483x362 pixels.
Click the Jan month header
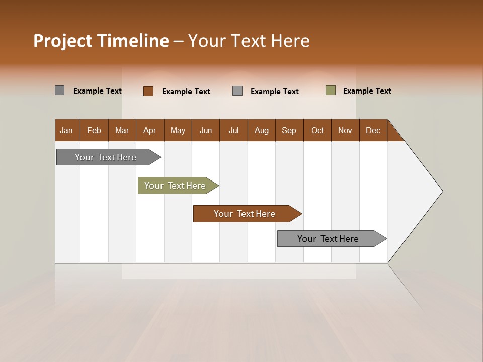point(66,130)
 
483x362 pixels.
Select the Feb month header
point(94,130)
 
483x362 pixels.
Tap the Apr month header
point(149,130)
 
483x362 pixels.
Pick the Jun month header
point(206,130)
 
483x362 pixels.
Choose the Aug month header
point(261,130)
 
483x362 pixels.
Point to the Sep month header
point(289,130)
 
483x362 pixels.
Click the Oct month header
point(317,130)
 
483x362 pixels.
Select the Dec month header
point(373,130)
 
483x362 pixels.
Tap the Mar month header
point(122,130)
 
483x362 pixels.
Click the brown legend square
point(148,91)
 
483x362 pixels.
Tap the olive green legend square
point(331,90)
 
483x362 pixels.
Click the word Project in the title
point(63,41)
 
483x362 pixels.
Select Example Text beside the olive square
point(367,91)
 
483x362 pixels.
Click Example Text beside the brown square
point(186,92)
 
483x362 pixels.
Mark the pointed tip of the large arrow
point(442,191)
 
